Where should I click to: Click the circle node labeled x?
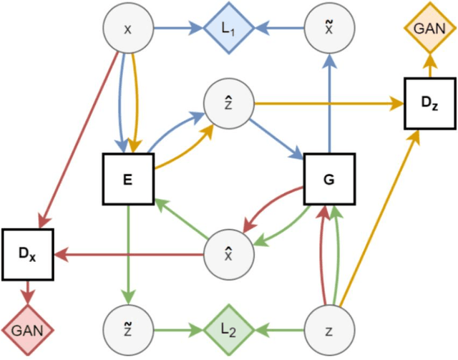pyautogui.click(x=128, y=30)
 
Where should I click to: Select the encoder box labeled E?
pyautogui.click(x=127, y=179)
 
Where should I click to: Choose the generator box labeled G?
pyautogui.click(x=328, y=179)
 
